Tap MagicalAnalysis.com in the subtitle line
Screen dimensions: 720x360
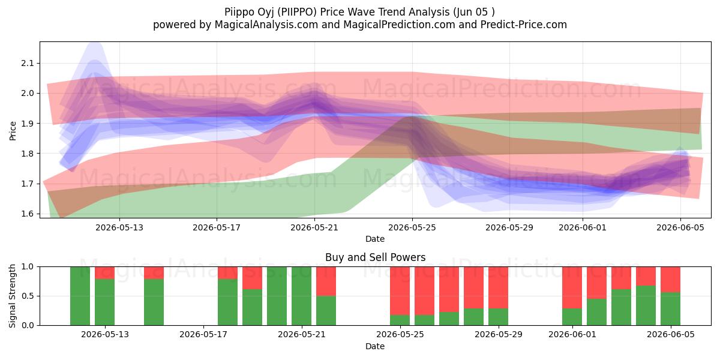266,25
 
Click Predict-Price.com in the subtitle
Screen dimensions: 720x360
524,25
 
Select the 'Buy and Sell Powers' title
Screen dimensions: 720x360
375,257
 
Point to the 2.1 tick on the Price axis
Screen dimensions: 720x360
28,64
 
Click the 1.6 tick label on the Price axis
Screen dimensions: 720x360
28,214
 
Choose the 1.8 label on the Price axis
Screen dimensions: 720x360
28,154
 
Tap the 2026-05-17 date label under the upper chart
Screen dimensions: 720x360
217,227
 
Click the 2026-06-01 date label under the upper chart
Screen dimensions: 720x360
583,227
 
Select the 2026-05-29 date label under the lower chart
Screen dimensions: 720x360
499,334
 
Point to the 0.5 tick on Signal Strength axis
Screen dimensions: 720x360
28,296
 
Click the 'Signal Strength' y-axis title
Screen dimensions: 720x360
12,296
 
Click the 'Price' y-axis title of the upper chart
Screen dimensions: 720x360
13,131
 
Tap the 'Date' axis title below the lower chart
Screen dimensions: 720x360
375,346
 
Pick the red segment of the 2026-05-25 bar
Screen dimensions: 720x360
400,291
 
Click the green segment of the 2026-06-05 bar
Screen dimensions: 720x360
671,308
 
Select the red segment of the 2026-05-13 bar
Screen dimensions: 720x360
104,273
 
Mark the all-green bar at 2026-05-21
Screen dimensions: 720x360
301,296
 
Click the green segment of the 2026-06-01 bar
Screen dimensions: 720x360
572,317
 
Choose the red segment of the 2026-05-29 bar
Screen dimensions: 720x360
498,287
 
